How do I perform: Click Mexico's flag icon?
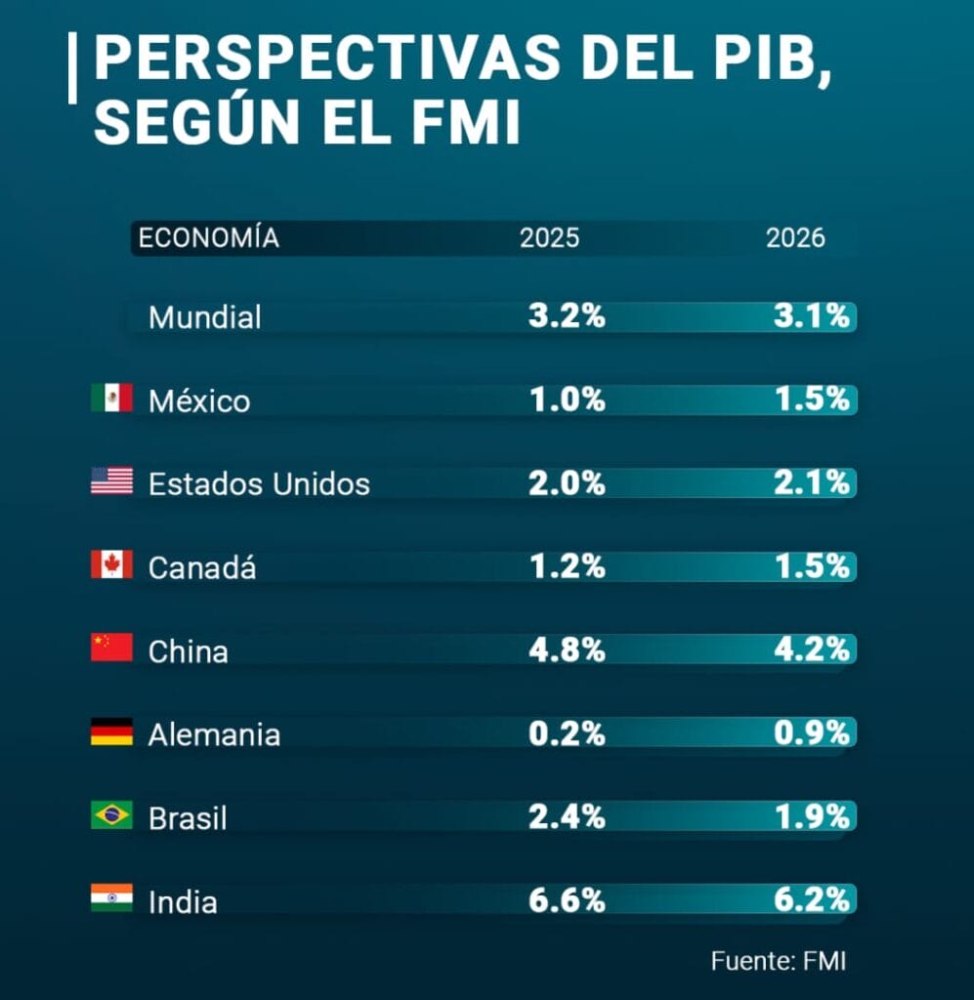click(111, 397)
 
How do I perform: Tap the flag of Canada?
click(111, 564)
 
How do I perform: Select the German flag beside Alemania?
click(111, 731)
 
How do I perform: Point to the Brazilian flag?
click(111, 814)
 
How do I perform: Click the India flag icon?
click(111, 897)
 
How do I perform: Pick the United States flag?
click(111, 480)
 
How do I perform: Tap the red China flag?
click(111, 647)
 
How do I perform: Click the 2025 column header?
click(549, 238)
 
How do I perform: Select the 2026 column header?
click(795, 238)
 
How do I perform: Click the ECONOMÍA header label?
click(209, 238)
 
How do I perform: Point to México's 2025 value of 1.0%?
click(567, 400)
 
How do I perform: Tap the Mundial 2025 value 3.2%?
click(567, 317)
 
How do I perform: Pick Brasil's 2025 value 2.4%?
click(567, 817)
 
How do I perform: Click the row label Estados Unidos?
click(259, 484)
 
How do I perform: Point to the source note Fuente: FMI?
click(778, 961)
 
